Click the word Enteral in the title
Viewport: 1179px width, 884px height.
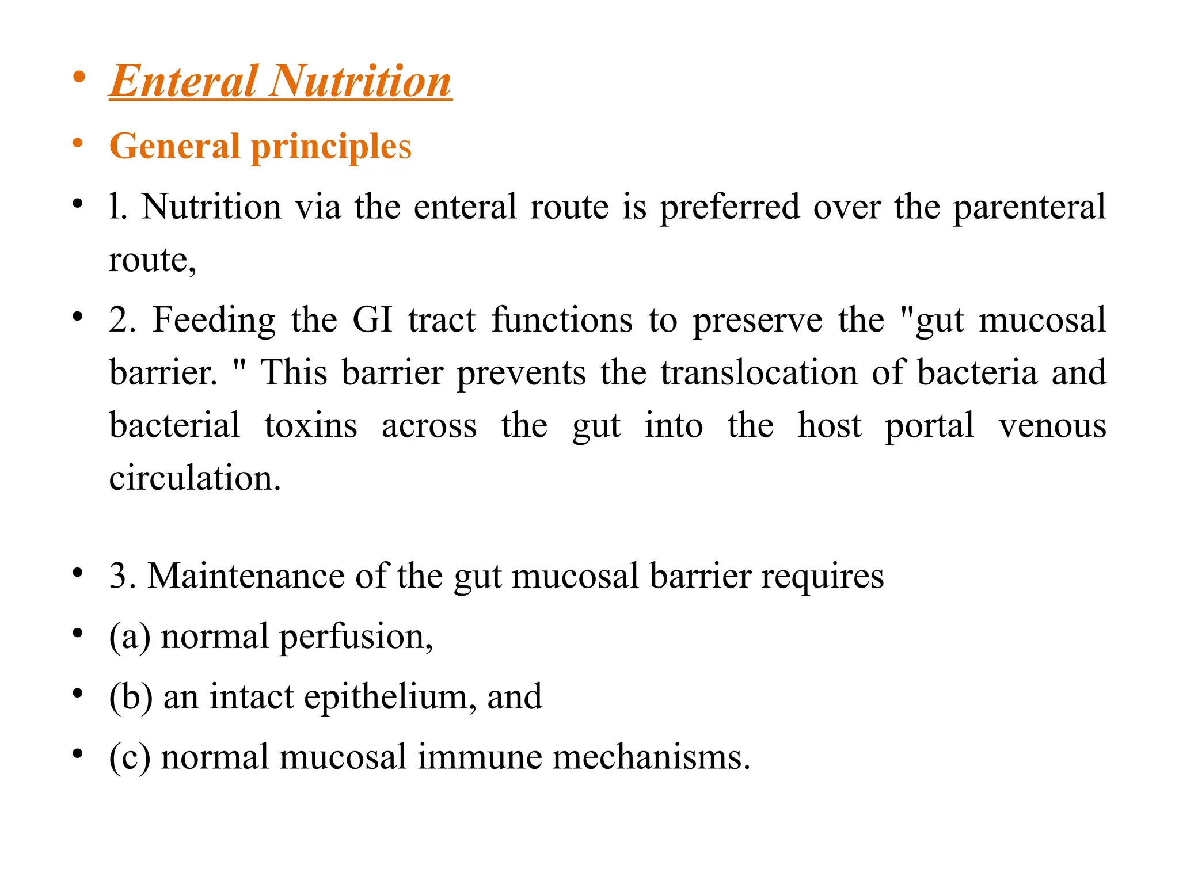[x=183, y=81]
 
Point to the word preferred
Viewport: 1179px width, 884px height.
[x=729, y=207]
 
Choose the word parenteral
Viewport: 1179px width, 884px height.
[x=1029, y=207]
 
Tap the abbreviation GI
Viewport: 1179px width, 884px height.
[x=372, y=320]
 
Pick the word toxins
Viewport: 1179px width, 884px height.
[x=311, y=426]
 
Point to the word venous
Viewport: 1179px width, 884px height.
[x=1052, y=426]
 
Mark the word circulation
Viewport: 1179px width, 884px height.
[x=195, y=478]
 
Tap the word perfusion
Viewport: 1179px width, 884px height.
[x=355, y=637]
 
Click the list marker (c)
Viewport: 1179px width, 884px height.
[x=130, y=757]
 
